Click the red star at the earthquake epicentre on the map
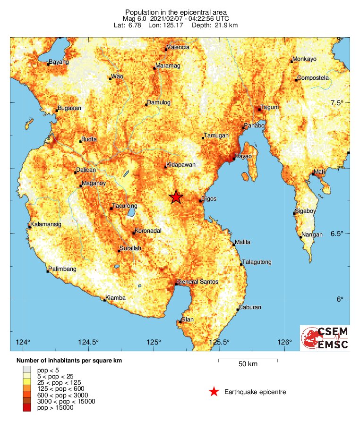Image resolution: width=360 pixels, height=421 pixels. pos(176,197)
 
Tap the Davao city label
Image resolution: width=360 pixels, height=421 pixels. pos(243,156)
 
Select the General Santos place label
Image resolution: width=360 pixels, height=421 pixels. pos(197,282)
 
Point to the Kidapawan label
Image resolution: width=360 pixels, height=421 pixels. pos(181,165)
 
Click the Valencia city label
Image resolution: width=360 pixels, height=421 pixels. pos(179,47)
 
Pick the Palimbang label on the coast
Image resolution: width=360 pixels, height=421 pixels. pos(62,269)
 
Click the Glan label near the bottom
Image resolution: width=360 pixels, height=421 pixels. pos(188,320)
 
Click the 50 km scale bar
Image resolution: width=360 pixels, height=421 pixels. pos(248,361)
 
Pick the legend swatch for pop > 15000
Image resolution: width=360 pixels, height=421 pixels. pos(27,408)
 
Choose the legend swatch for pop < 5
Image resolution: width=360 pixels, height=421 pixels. pos(27,369)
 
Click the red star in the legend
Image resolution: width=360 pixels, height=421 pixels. pos(214,392)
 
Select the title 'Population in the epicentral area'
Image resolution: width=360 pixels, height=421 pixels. pos(176,12)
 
